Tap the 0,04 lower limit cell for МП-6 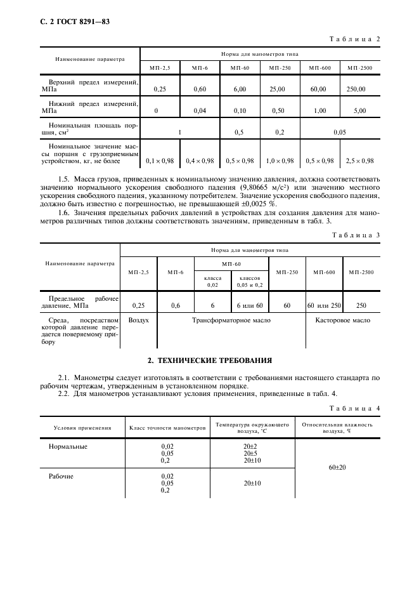[200, 110]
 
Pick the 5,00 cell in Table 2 [360, 110]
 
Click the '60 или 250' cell [325, 305]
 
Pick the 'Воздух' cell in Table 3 [139, 321]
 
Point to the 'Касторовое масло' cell [343, 321]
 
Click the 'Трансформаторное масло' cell [231, 321]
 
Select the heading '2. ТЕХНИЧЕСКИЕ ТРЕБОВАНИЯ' [209, 360]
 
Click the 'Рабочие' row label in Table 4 [61, 476]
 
